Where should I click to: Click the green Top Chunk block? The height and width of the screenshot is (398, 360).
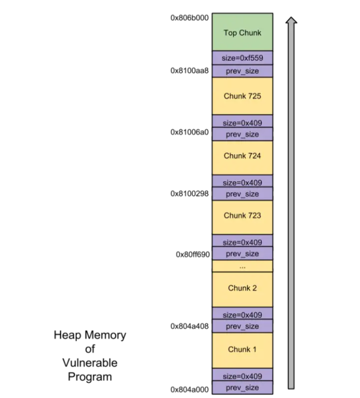(242, 33)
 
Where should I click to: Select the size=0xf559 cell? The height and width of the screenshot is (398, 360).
(242, 58)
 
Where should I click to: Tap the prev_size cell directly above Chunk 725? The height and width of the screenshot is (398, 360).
(242, 71)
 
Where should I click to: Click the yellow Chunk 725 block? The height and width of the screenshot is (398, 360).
(242, 96)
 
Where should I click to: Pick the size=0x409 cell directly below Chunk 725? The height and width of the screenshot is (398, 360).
(242, 122)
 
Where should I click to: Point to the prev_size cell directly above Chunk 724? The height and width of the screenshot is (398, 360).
(242, 135)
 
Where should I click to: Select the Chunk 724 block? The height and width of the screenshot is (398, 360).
(242, 156)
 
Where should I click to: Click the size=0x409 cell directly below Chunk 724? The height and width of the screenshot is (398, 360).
(242, 182)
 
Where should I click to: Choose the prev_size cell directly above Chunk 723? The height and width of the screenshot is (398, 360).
(242, 195)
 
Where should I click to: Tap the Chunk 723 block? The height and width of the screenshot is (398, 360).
(242, 216)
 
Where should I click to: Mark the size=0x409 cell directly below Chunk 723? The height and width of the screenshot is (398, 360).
(242, 242)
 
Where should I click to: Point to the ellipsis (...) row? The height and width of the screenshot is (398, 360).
(242, 266)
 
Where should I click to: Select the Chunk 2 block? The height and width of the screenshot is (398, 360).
(242, 288)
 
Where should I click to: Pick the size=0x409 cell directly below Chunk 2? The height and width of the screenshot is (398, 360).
(242, 314)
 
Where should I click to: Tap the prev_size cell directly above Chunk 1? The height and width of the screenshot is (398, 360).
(242, 327)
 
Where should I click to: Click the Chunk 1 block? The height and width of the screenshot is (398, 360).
(242, 350)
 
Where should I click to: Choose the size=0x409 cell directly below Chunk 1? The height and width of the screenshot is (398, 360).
(242, 376)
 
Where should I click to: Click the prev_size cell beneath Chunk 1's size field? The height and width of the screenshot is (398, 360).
(242, 388)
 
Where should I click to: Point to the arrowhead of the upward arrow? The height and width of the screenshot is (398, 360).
(292, 21)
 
